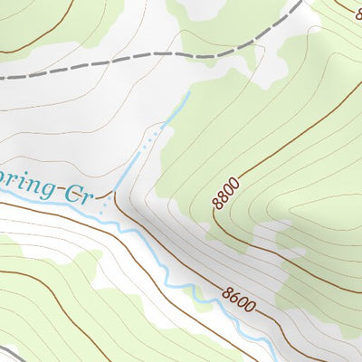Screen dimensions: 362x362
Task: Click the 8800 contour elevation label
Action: pyautogui.click(x=227, y=194)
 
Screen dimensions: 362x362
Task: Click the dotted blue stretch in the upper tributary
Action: pyautogui.click(x=156, y=133)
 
